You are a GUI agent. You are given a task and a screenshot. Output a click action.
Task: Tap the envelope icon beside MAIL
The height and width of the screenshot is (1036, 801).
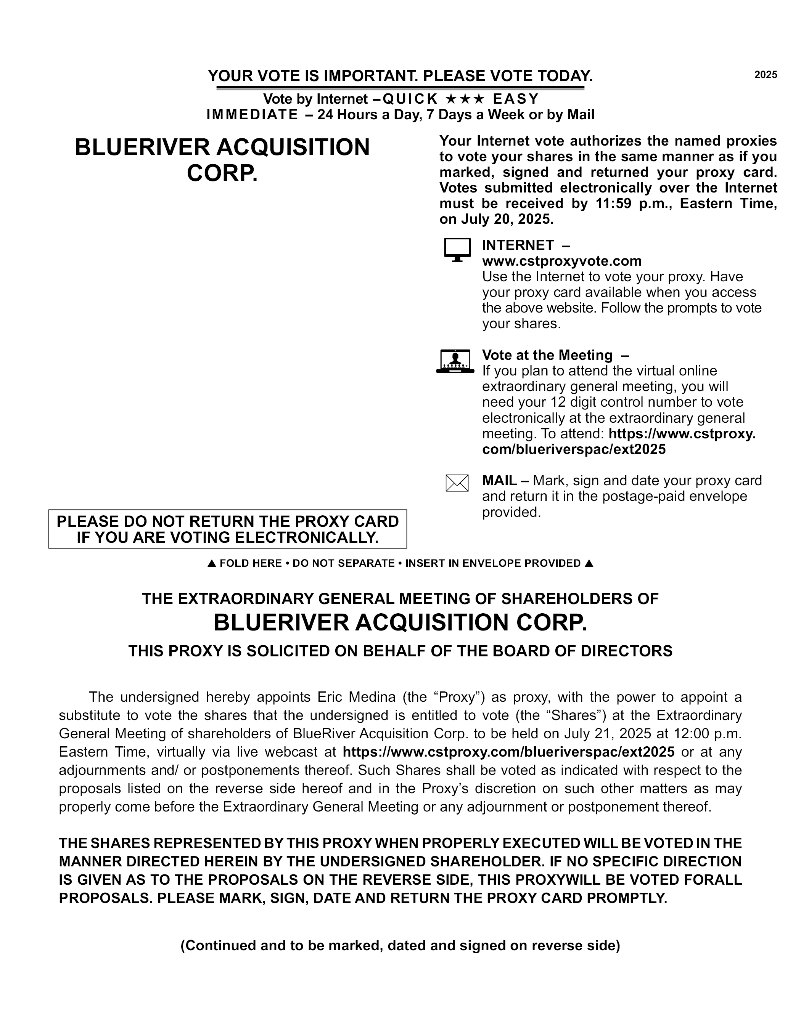pyautogui.click(x=457, y=483)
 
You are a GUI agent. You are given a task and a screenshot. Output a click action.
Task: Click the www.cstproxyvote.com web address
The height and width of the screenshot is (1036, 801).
pyautogui.click(x=562, y=261)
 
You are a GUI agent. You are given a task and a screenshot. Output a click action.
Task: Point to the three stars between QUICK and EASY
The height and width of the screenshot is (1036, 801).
pyautogui.click(x=465, y=99)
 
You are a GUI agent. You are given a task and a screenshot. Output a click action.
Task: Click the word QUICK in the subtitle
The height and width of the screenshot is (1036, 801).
pyautogui.click(x=410, y=99)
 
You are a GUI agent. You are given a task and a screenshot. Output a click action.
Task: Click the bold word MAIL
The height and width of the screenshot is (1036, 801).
pyautogui.click(x=499, y=481)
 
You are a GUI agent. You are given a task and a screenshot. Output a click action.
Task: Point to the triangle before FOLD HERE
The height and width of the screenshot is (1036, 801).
pyautogui.click(x=212, y=563)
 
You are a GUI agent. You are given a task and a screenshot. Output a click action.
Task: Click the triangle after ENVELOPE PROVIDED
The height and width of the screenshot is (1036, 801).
pyautogui.click(x=589, y=563)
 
